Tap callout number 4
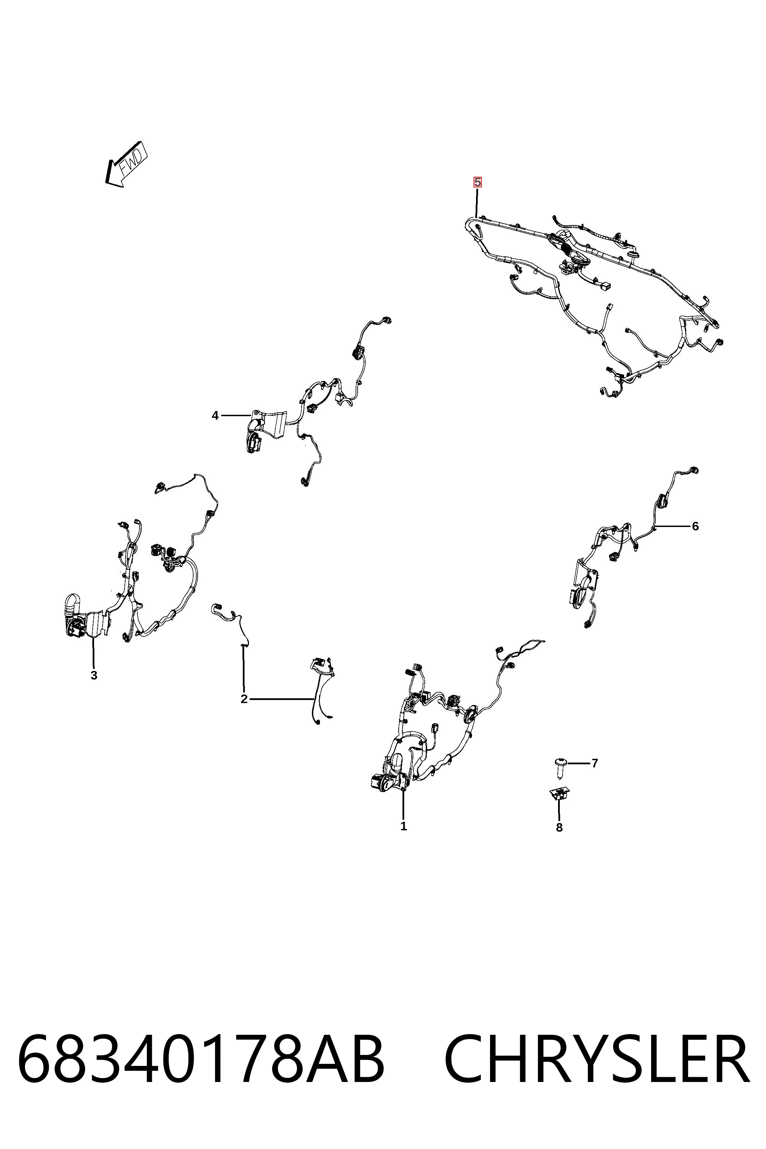point(215,416)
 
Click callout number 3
point(94,676)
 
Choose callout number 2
point(244,699)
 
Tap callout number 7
point(595,763)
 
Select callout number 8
point(559,827)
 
